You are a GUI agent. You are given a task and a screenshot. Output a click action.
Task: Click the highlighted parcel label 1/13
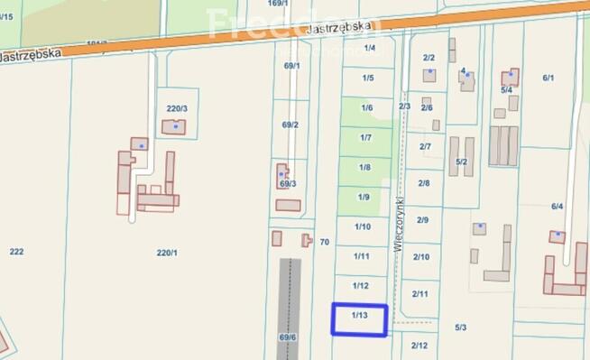point(359,315)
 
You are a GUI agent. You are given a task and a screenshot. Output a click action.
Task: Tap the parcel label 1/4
point(368,48)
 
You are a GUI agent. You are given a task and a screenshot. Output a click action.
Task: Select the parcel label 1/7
point(365,138)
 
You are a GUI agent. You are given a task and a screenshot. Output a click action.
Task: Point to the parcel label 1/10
point(363,226)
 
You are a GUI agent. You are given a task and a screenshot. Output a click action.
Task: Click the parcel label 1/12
point(361,286)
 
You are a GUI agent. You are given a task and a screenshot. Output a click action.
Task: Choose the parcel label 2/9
point(423,220)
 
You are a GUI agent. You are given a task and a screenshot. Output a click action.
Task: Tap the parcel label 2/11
point(419,293)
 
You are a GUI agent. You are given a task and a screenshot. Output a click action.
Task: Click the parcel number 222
point(16,252)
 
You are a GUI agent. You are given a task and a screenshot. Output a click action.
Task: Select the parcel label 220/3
point(178,109)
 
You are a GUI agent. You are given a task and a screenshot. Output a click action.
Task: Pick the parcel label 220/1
point(167,253)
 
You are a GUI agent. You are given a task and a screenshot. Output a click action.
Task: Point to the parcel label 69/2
point(290,125)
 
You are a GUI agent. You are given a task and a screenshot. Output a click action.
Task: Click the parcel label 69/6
point(287,337)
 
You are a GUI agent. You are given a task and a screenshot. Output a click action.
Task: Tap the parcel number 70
point(325,242)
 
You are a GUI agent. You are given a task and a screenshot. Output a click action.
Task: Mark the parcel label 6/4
point(557,207)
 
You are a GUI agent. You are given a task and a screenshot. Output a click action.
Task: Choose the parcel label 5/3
point(460,327)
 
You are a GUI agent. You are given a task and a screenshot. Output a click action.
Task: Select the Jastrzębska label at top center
point(338,28)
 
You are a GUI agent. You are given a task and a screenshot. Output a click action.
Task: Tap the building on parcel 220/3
point(174,127)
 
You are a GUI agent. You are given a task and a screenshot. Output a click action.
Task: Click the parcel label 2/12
point(419,346)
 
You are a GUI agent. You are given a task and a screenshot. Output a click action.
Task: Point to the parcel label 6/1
point(549,78)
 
